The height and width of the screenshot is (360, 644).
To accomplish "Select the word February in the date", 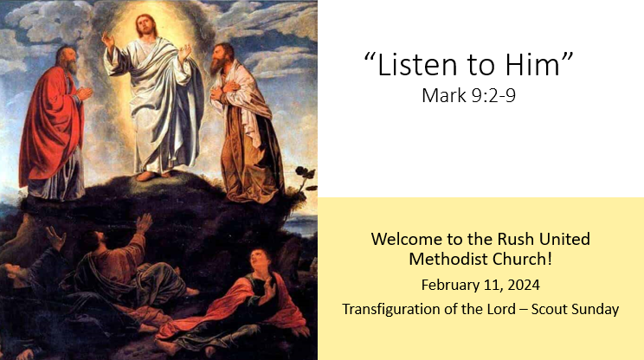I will click(450, 284).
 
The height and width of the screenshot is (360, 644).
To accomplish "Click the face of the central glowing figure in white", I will click(155, 25).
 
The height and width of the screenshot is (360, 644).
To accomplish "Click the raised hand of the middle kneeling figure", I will click(144, 222).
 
